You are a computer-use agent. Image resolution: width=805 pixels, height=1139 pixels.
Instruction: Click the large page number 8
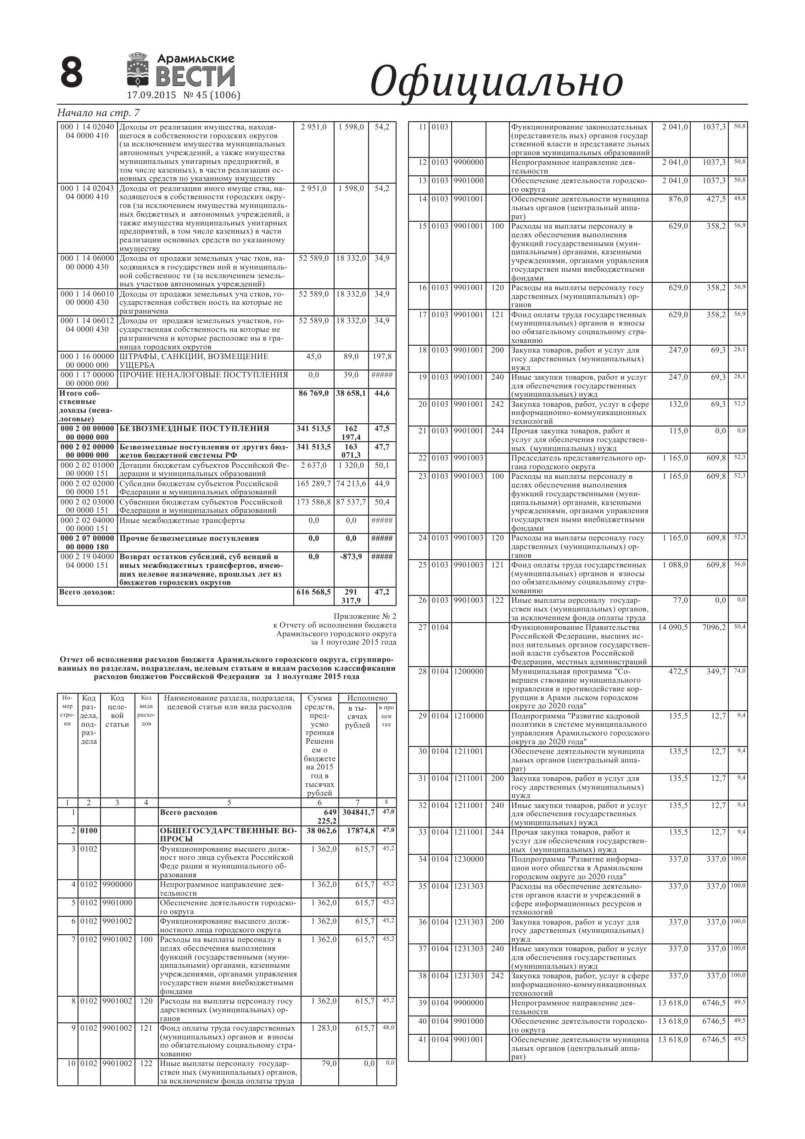click(x=72, y=73)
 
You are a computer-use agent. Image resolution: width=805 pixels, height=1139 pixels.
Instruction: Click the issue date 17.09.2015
click(x=151, y=95)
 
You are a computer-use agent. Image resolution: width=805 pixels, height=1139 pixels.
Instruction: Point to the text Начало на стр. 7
click(x=99, y=113)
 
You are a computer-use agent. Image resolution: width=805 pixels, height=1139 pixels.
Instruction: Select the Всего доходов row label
click(x=87, y=592)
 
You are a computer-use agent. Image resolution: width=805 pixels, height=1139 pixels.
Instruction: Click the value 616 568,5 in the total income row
click(x=313, y=592)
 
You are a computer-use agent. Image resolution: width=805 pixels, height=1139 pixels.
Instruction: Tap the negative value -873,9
click(x=351, y=556)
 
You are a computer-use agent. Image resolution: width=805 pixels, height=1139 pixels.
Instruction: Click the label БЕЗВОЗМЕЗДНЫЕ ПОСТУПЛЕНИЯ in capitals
click(x=195, y=429)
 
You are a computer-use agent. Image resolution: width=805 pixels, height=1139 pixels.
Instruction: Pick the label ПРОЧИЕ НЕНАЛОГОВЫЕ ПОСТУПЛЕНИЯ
click(x=203, y=375)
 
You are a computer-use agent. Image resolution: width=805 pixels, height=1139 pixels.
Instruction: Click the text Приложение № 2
click(x=364, y=617)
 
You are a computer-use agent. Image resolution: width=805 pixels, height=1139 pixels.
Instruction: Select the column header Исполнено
click(x=367, y=698)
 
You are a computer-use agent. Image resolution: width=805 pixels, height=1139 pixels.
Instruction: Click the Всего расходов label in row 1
click(x=189, y=813)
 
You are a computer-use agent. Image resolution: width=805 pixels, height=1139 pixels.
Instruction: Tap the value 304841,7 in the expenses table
click(x=358, y=813)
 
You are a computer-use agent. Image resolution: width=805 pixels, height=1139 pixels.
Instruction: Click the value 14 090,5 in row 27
click(x=673, y=628)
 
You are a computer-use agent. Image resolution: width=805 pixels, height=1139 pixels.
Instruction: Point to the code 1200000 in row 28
click(x=468, y=672)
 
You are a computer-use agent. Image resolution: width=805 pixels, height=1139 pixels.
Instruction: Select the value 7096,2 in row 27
click(x=714, y=628)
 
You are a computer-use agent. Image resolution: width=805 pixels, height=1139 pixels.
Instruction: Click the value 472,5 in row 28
click(x=678, y=672)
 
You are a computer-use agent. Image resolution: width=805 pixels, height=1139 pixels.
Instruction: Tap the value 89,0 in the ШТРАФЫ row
click(x=351, y=357)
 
